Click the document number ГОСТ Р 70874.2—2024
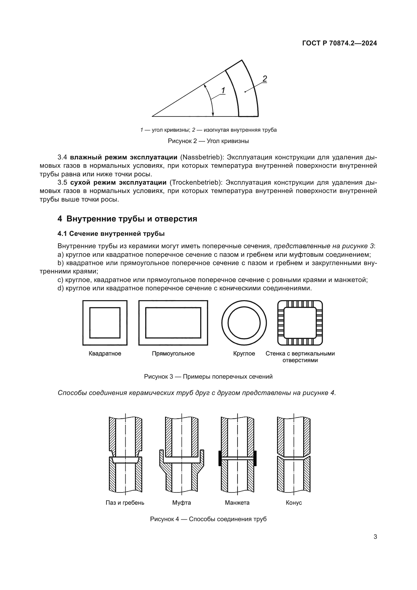click(x=339, y=43)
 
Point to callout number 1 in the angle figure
click(x=223, y=91)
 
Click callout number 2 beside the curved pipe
click(x=265, y=79)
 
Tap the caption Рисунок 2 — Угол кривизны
click(x=208, y=141)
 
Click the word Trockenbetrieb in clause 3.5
click(x=195, y=182)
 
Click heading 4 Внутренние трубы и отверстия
click(x=127, y=219)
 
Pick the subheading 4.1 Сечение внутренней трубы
click(x=111, y=234)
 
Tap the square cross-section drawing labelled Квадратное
click(x=105, y=323)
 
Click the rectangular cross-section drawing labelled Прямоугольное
click(x=173, y=323)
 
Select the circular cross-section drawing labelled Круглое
click(x=244, y=323)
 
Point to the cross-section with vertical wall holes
click(x=300, y=323)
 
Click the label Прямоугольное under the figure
click(x=173, y=354)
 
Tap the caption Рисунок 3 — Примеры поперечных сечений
click(x=208, y=377)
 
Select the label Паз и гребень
click(x=125, y=503)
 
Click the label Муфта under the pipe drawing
click(x=182, y=503)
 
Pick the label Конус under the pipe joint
click(x=294, y=503)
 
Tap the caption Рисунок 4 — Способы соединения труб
click(x=208, y=519)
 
